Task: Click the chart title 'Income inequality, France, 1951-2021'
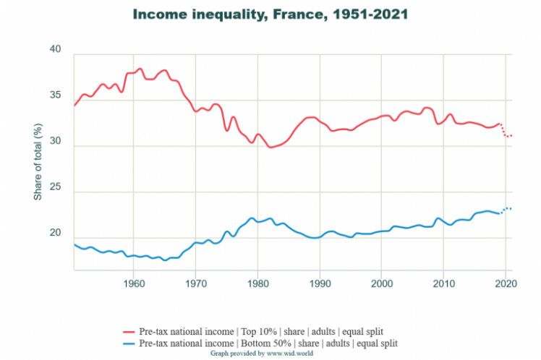coord(270,14)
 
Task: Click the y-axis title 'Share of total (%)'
coord(38,162)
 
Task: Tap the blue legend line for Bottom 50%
coord(127,343)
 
